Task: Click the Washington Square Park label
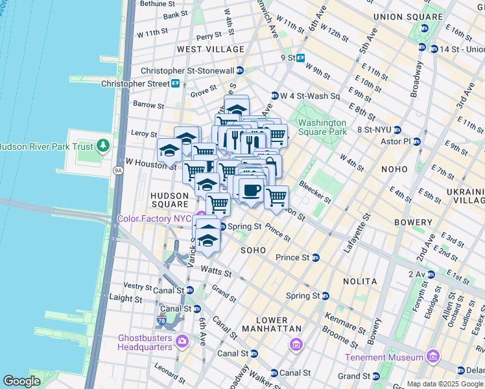click(x=322, y=127)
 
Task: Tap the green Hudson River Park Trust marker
click(x=103, y=145)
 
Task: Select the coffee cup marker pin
click(x=251, y=191)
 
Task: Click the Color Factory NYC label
click(x=157, y=218)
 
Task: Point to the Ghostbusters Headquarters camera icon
click(x=182, y=340)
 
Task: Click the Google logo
click(x=22, y=381)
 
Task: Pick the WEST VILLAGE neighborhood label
click(x=211, y=49)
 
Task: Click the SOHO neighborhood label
click(x=254, y=250)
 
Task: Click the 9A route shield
click(x=118, y=171)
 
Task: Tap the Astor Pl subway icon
click(x=417, y=141)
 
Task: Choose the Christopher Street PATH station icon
click(x=175, y=84)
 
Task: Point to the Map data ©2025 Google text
click(x=445, y=384)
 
